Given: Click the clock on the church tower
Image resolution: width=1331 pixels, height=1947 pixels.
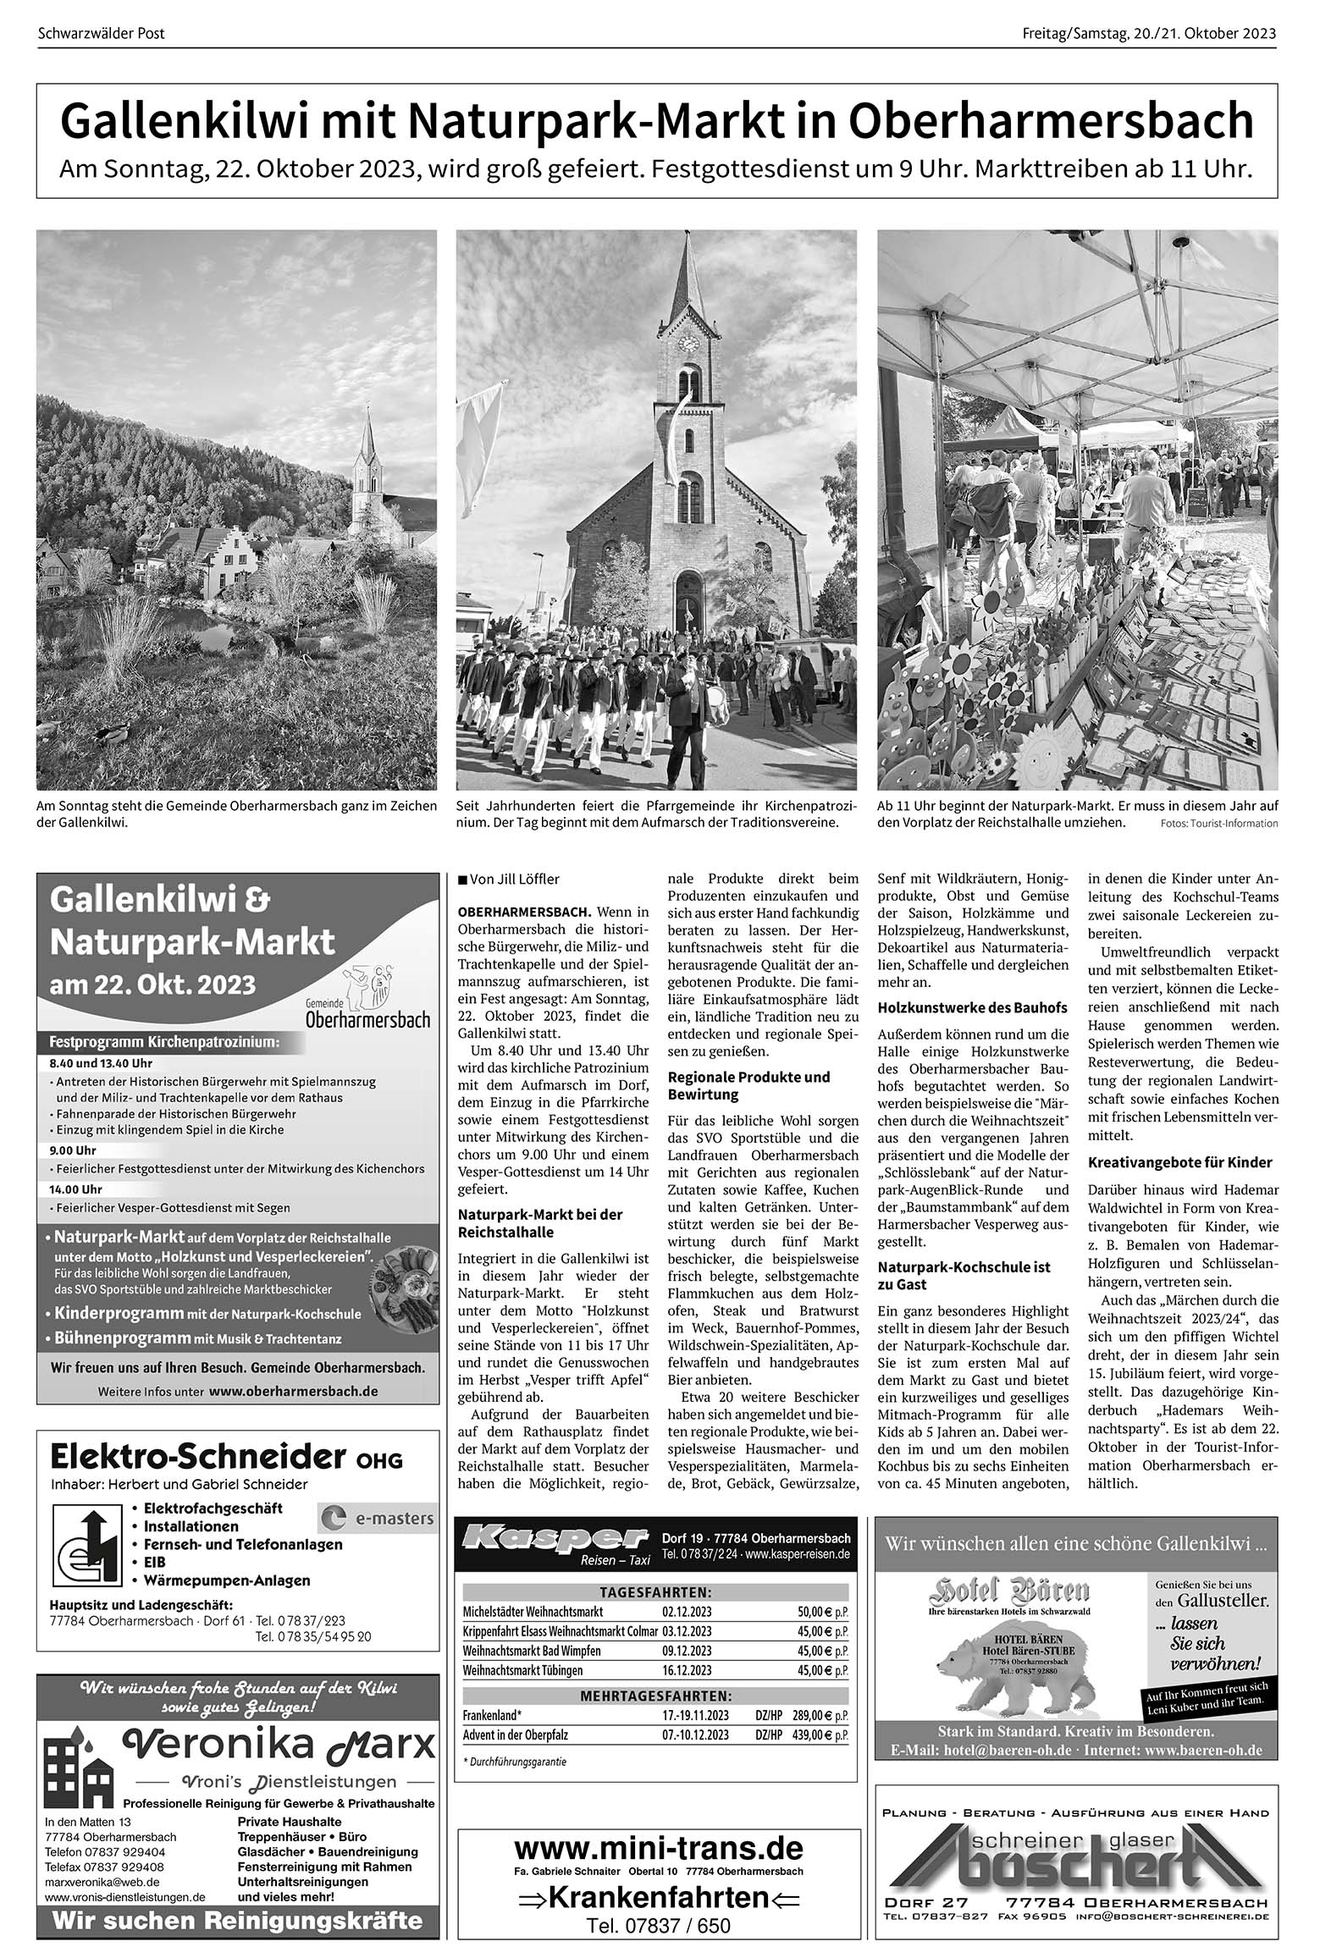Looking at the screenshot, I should coord(688,345).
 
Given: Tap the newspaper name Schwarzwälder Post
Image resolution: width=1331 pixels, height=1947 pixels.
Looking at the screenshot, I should coord(102,34).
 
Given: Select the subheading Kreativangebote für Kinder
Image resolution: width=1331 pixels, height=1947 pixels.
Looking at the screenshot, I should coord(1179,1162).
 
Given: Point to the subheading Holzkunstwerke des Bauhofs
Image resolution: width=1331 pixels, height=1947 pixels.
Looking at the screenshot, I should coord(972,1007).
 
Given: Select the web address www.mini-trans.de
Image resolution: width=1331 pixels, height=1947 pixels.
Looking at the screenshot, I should coord(658,1846).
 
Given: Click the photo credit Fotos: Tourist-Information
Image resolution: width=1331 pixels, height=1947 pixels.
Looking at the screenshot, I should coord(1219,824).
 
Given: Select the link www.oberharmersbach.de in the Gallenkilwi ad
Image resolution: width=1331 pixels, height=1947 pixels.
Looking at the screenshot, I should coord(293,1391).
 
